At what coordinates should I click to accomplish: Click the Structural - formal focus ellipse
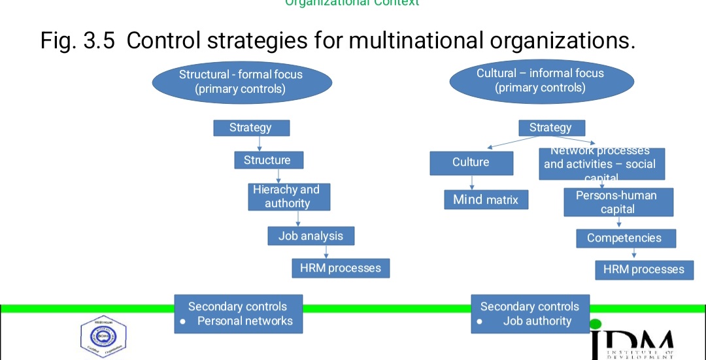[241, 82]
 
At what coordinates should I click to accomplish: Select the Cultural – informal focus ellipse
[541, 80]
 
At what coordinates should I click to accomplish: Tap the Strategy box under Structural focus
[251, 128]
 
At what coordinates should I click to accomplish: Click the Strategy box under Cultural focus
[551, 128]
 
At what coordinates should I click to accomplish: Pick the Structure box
[268, 160]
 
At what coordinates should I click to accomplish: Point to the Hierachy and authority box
[288, 197]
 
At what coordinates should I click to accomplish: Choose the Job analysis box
[311, 236]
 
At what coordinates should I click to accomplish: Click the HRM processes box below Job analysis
[340, 268]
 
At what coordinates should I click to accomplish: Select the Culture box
[471, 163]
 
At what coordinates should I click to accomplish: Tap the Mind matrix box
[486, 200]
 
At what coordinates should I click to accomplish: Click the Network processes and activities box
[600, 163]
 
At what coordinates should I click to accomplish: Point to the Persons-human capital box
[618, 203]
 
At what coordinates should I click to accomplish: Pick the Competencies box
[625, 238]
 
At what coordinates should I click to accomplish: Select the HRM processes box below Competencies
[643, 269]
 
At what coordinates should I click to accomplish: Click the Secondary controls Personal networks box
[238, 314]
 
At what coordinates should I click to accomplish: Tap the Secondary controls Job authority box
[529, 314]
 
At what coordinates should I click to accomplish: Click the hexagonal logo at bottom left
[103, 337]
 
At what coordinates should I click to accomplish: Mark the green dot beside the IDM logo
[595, 323]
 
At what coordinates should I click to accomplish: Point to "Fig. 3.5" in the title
[78, 41]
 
